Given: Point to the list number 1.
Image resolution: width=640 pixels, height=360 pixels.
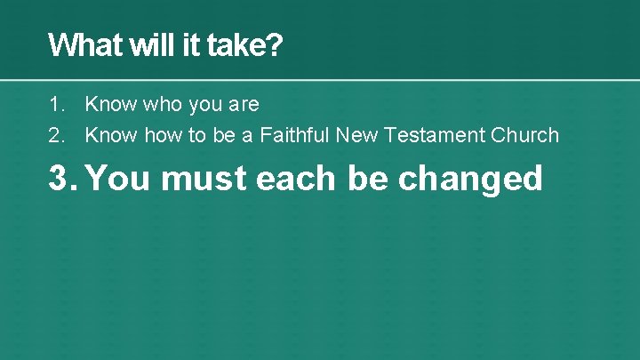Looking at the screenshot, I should click(x=55, y=105).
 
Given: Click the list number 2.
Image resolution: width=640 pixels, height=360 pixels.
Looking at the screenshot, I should click(x=55, y=135).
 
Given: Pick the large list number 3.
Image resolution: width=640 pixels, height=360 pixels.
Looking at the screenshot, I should click(x=61, y=178).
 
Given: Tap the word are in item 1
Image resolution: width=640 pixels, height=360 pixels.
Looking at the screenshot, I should click(x=243, y=105).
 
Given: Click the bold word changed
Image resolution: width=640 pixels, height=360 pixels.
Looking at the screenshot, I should click(x=470, y=178).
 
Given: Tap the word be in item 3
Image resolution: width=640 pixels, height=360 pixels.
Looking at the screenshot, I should click(x=367, y=178).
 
